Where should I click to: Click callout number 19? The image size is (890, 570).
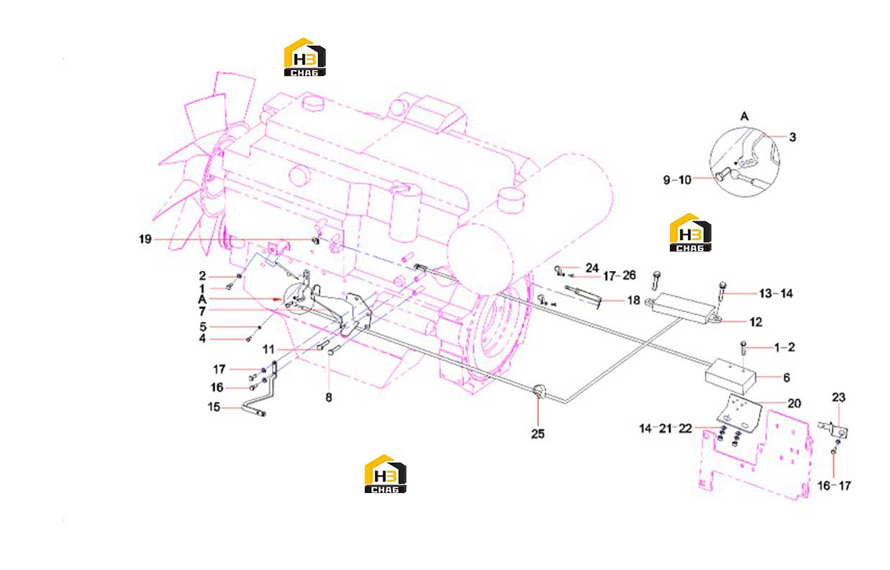coord(145,239)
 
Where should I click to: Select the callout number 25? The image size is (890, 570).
coord(537,434)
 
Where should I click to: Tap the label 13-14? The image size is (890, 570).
coord(776,294)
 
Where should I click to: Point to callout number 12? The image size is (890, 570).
coord(755,322)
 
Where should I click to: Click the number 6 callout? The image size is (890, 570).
coord(786,377)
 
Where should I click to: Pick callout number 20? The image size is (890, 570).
coord(794,404)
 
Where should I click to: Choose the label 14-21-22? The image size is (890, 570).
coord(666,428)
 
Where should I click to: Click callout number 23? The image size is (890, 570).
coord(838,397)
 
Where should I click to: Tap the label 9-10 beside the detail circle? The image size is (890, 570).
coord(678,180)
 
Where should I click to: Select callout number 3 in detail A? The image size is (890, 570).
coord(792,137)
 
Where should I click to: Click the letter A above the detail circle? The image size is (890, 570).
coord(744,116)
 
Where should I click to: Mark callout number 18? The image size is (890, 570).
coord(634,300)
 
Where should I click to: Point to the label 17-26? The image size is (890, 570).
coord(619,275)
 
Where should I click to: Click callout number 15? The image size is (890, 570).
coord(214,408)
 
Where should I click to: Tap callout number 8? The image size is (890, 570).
coord(329,397)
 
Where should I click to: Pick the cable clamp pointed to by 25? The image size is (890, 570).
coord(538,391)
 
